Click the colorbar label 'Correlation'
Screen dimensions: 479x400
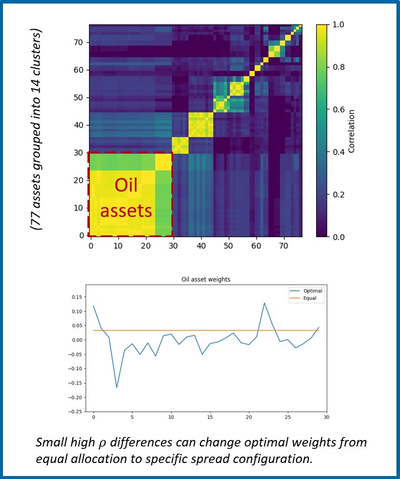tap(351, 130)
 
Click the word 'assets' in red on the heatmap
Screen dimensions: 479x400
tap(126, 210)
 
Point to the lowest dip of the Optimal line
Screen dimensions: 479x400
tap(116, 387)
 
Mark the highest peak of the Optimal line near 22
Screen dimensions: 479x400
tap(264, 303)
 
